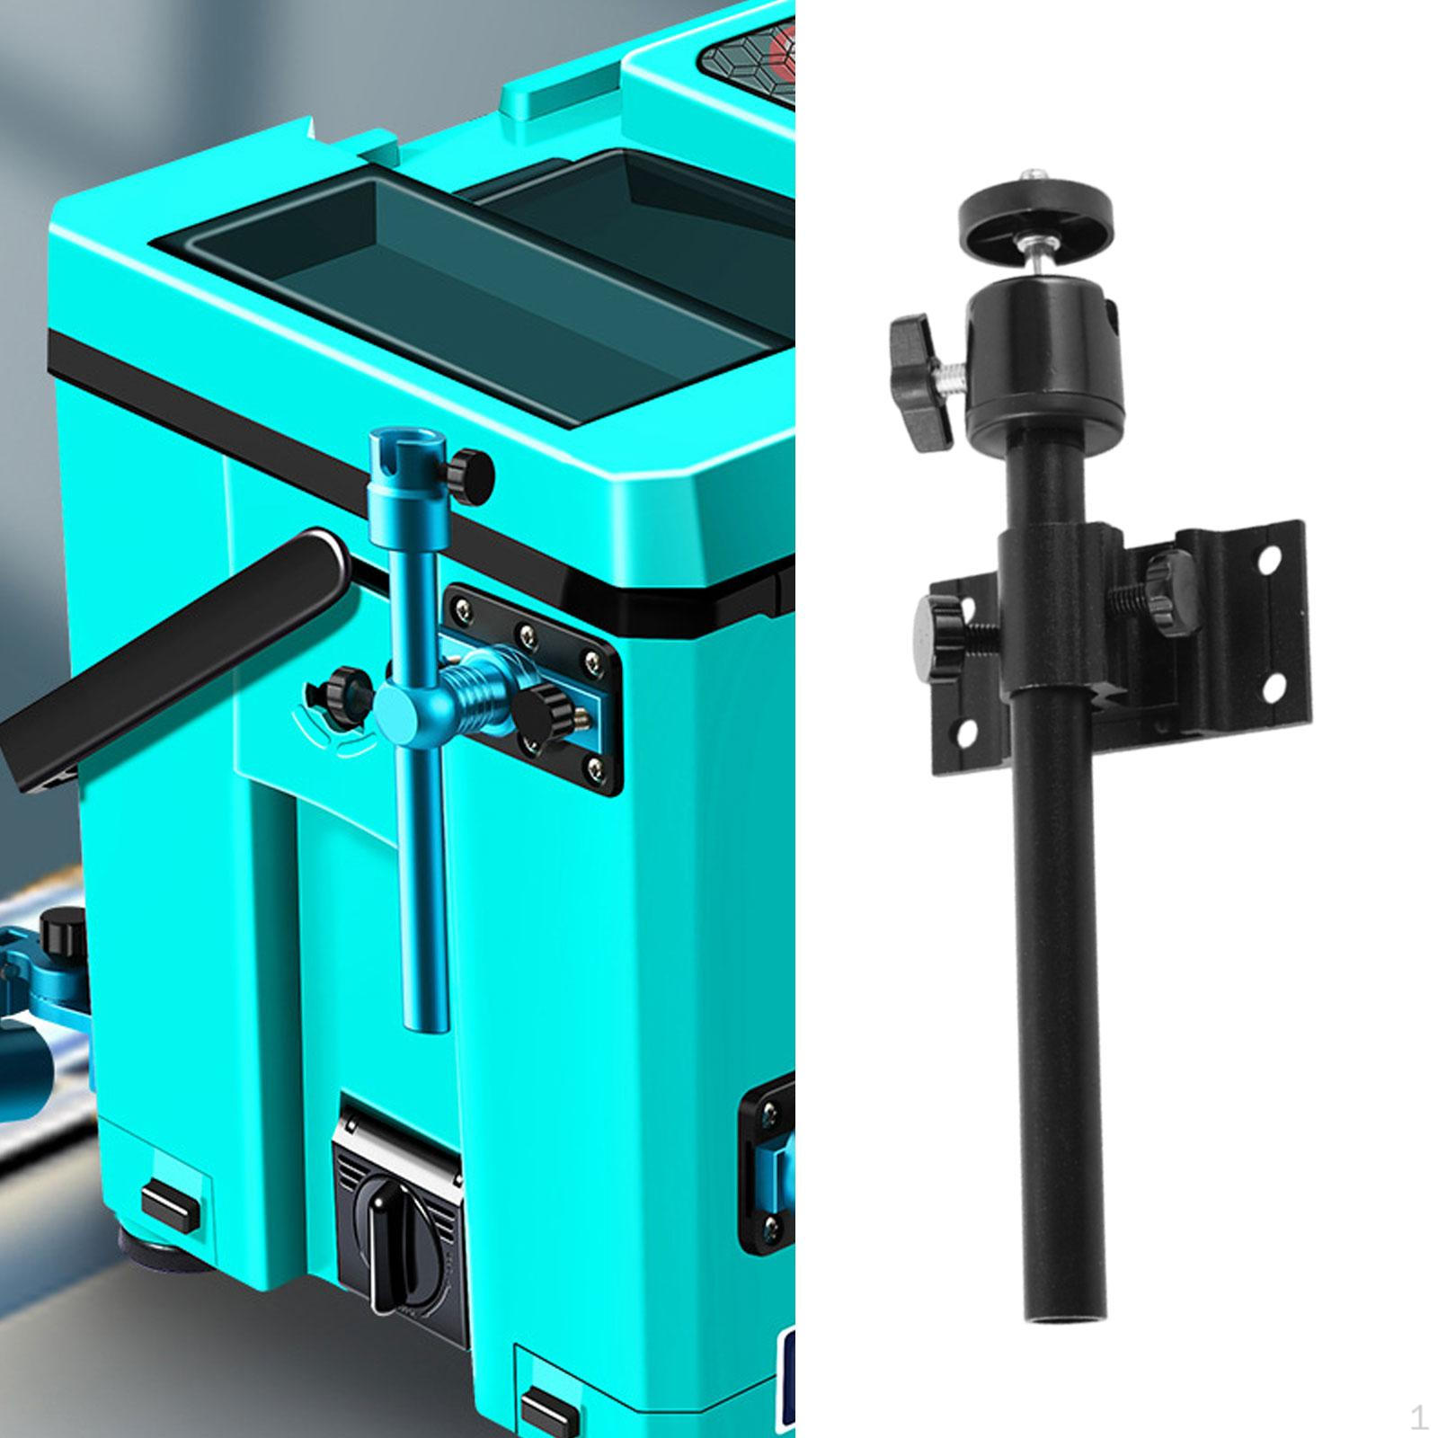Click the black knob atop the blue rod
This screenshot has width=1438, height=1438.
pos(472,471)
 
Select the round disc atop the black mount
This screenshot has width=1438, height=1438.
pos(1035,207)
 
